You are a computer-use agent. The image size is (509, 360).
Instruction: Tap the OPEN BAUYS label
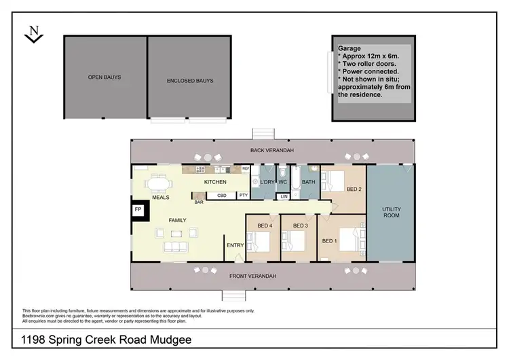pyautogui.click(x=105, y=77)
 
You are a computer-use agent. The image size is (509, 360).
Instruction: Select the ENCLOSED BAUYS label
pyautogui.click(x=190, y=81)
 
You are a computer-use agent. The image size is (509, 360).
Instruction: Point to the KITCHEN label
pyautogui.click(x=215, y=182)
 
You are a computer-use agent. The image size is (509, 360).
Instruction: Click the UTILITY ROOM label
pyautogui.click(x=391, y=212)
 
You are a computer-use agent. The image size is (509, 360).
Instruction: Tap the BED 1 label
pyautogui.click(x=329, y=241)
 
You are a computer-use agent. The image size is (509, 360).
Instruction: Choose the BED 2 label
pyautogui.click(x=354, y=189)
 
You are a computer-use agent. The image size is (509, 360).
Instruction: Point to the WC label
pyautogui.click(x=284, y=182)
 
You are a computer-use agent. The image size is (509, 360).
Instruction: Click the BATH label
pyautogui.click(x=309, y=182)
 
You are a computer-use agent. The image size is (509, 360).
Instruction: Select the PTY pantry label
pyautogui.click(x=242, y=196)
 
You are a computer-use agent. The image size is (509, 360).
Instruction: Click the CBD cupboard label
pyautogui.click(x=221, y=196)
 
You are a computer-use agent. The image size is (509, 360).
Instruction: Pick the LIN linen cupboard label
pyautogui.click(x=284, y=197)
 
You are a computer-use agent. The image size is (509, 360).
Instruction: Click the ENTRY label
pyautogui.click(x=235, y=246)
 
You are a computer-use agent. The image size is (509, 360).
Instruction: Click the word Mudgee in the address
pyautogui.click(x=172, y=338)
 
